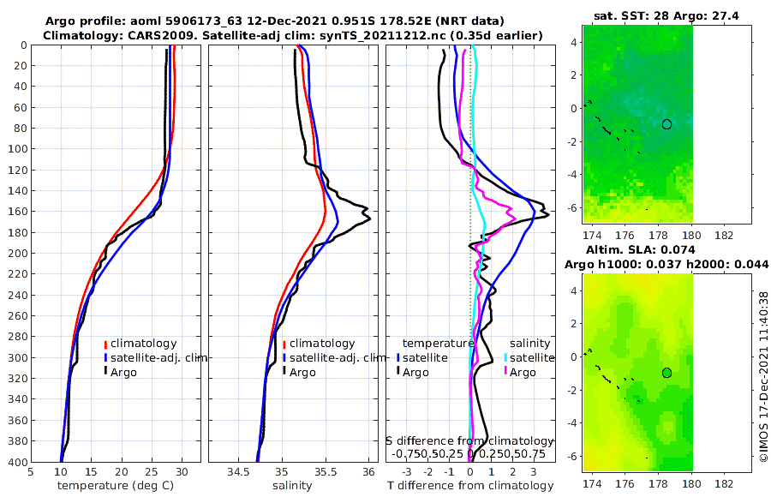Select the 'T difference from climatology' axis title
point(471,486)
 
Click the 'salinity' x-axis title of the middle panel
point(292,486)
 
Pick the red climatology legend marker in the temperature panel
point(105,344)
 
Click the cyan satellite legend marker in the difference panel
point(506,357)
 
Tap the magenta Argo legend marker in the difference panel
point(506,372)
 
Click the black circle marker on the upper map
point(667,124)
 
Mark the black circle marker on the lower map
point(666,373)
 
